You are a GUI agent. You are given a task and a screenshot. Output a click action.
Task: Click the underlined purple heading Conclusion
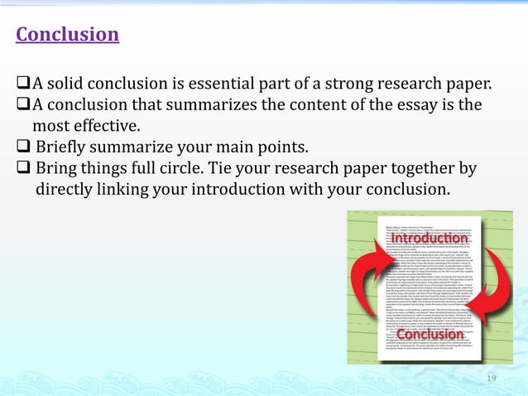coord(68,35)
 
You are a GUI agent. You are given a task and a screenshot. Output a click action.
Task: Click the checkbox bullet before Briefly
coord(23,148)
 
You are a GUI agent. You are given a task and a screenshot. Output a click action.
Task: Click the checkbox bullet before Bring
coord(23,170)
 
